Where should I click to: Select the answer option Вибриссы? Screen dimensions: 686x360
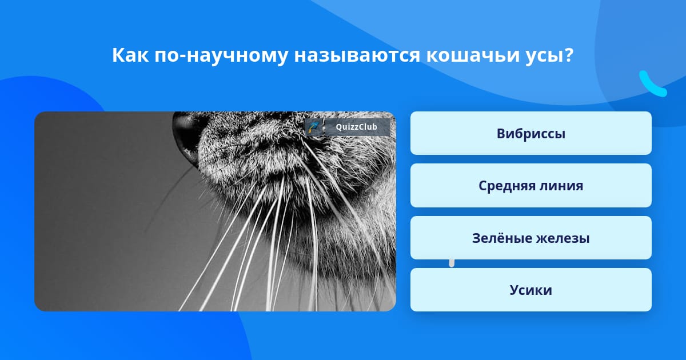point(531,133)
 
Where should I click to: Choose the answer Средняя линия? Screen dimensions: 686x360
point(531,186)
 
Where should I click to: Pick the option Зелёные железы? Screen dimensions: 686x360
point(531,238)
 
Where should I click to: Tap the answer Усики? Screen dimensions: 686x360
point(531,290)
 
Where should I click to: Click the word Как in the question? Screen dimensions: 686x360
point(130,55)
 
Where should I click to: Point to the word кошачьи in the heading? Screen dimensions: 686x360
point(470,55)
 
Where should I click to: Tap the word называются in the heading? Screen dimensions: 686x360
point(357,56)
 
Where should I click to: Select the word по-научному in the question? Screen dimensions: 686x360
point(221,56)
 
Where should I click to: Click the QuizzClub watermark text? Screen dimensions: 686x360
point(356,127)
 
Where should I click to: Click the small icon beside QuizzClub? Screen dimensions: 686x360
point(314,127)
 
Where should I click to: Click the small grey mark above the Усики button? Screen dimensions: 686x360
point(452,263)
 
